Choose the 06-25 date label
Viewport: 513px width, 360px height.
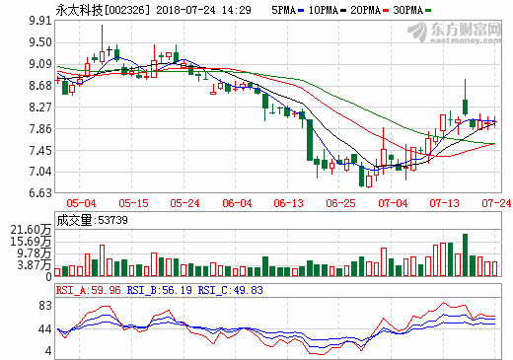(x=340, y=203)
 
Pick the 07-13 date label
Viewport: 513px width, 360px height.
(x=445, y=203)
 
